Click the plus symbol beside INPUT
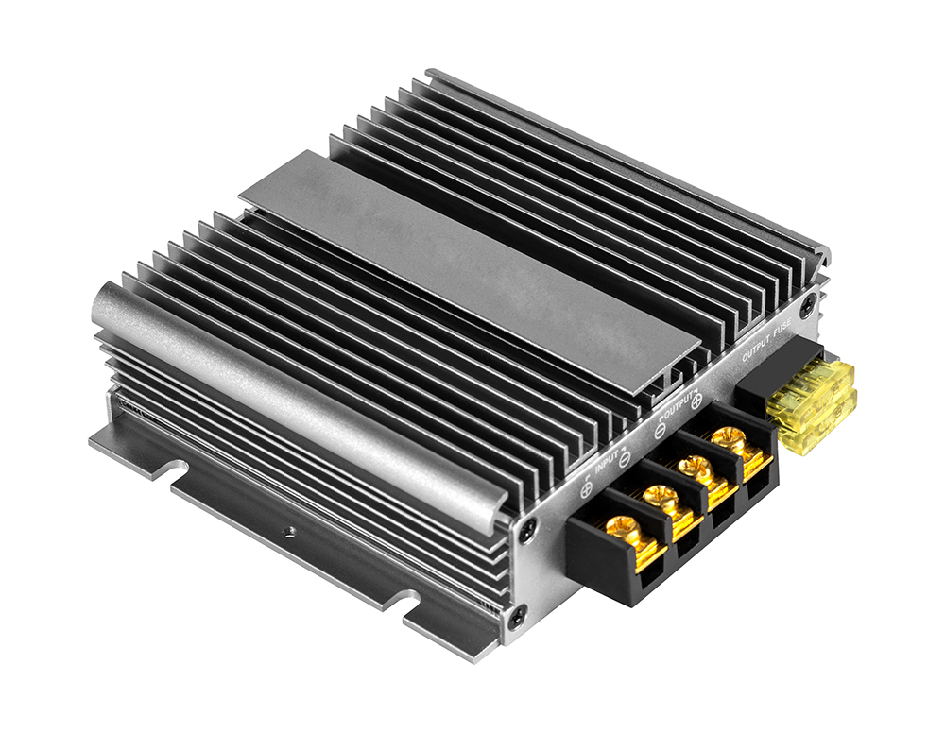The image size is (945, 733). pyautogui.click(x=586, y=489)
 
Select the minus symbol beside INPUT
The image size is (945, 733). pyautogui.click(x=625, y=460)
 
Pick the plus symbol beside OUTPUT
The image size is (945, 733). pyautogui.click(x=696, y=401)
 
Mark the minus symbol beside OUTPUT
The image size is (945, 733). pyautogui.click(x=660, y=430)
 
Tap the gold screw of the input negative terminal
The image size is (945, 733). pyautogui.click(x=661, y=497)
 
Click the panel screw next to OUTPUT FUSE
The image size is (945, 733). pyautogui.click(x=808, y=304)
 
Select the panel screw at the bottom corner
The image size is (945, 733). pyautogui.click(x=516, y=617)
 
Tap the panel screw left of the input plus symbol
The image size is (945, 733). pyautogui.click(x=526, y=534)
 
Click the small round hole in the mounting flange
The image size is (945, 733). pyautogui.click(x=288, y=532)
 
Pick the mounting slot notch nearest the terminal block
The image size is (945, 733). pyautogui.click(x=409, y=602)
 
